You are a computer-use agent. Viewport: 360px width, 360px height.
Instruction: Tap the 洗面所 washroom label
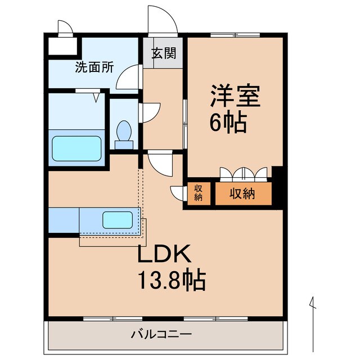(94, 67)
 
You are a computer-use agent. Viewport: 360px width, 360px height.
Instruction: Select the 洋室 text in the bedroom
(236, 96)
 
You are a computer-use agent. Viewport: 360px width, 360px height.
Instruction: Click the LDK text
(166, 254)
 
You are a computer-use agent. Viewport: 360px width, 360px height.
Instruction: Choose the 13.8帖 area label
(172, 277)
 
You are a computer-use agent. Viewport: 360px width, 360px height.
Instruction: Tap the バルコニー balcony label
(161, 334)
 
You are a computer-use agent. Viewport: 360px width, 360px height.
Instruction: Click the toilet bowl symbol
(124, 134)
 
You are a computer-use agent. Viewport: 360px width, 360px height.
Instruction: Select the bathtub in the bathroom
(77, 147)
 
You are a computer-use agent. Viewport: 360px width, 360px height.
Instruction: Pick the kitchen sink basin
(117, 219)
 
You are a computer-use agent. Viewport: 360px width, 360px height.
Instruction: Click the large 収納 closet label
(242, 194)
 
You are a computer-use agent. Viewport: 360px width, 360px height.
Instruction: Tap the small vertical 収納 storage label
(199, 193)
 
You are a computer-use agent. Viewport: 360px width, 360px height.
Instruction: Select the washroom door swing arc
(129, 78)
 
